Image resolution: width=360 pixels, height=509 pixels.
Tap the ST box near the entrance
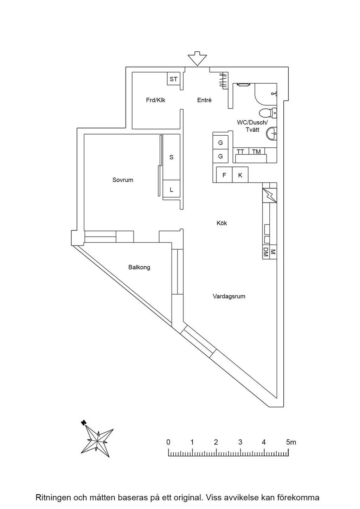[173, 79]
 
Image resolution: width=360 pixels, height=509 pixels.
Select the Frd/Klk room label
[155, 100]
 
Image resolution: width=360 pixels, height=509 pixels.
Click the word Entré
[204, 100]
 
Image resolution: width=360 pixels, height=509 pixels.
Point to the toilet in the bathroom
[268, 113]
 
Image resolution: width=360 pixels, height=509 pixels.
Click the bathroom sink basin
[272, 134]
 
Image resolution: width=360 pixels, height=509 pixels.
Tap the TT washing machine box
[240, 152]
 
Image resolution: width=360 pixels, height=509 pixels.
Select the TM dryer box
[256, 152]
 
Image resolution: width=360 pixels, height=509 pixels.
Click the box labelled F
[224, 175]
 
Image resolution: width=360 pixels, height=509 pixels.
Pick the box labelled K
[240, 175]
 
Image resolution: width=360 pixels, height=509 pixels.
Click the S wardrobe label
[172, 157]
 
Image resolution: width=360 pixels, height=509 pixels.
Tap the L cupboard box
[172, 190]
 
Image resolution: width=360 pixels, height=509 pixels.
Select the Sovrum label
[123, 180]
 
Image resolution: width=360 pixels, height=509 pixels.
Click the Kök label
[222, 223]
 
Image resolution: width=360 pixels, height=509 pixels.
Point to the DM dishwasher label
[266, 252]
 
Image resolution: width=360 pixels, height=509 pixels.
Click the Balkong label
[139, 268]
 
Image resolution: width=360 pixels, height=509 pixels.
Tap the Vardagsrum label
[229, 296]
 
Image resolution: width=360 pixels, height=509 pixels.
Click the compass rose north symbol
[84, 423]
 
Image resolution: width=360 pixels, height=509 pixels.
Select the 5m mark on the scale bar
[291, 442]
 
